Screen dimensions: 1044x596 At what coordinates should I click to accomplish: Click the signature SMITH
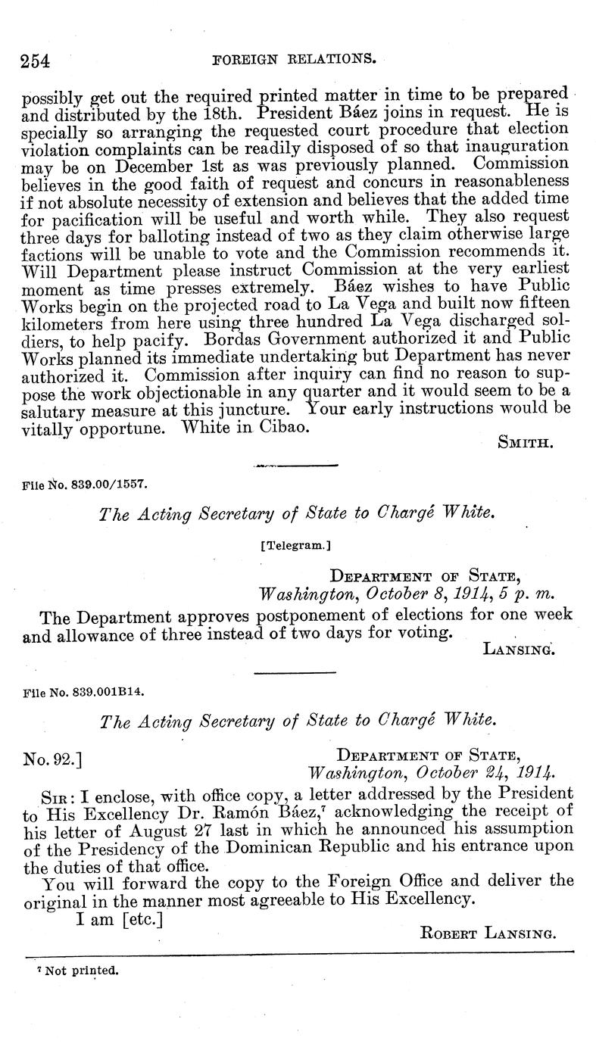[526, 441]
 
